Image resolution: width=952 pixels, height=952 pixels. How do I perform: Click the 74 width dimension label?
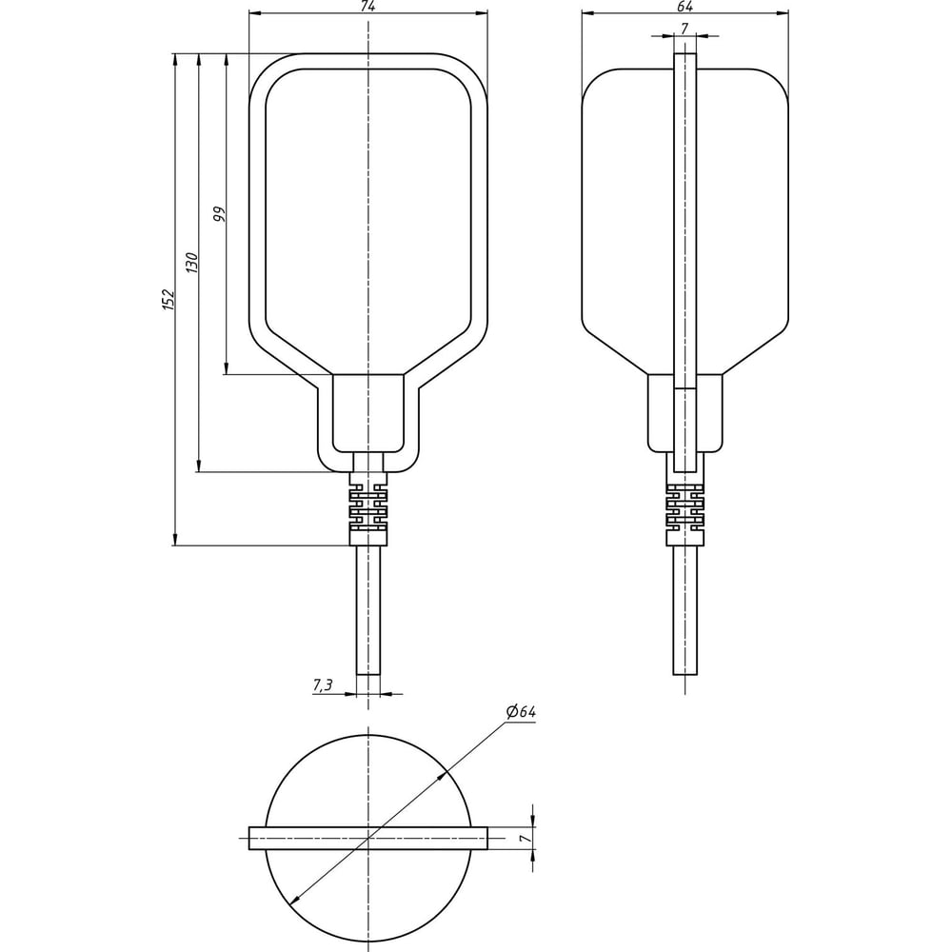click(x=367, y=6)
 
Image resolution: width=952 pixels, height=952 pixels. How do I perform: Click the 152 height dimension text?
click(x=169, y=300)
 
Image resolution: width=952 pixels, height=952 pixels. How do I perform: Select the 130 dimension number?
click(x=192, y=262)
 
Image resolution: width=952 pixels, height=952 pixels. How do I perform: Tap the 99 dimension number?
click(x=219, y=213)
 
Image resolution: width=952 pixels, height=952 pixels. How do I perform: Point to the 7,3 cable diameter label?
click(x=323, y=684)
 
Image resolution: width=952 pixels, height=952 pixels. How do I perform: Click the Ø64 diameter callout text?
click(x=521, y=711)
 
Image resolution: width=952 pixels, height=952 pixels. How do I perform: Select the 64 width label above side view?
click(x=684, y=6)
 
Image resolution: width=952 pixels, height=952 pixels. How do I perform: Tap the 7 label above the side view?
click(x=684, y=28)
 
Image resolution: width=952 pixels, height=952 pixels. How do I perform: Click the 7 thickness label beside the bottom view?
click(x=526, y=838)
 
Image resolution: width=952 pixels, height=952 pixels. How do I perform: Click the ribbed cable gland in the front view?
click(x=367, y=508)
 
